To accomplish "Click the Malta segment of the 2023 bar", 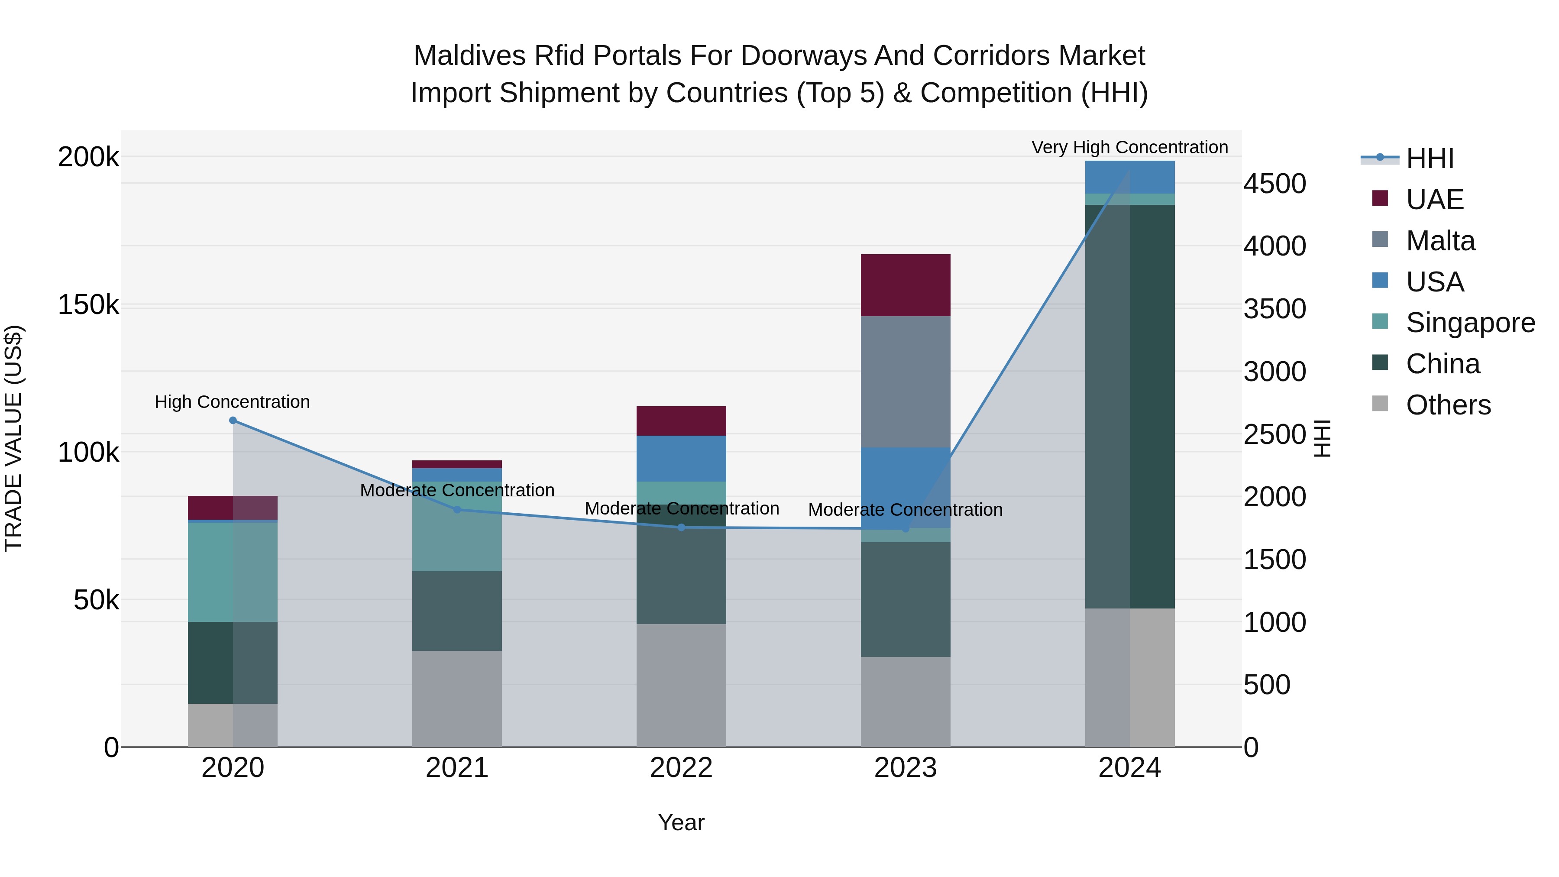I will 906,381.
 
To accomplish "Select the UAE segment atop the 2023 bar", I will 906,285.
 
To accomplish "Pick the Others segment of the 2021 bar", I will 457,699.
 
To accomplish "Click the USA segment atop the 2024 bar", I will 1129,177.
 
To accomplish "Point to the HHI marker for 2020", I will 233,420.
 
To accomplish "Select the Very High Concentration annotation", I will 1129,147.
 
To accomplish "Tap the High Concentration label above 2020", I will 233,402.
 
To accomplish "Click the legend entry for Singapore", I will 1470,323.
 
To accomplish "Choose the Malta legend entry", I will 1440,241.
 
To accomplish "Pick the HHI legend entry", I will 1430,159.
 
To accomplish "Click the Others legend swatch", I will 1380,403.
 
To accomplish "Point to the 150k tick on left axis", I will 88,304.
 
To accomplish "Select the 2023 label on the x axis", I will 906,767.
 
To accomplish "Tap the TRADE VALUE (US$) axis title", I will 13,438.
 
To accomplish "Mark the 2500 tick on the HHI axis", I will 1274,434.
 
